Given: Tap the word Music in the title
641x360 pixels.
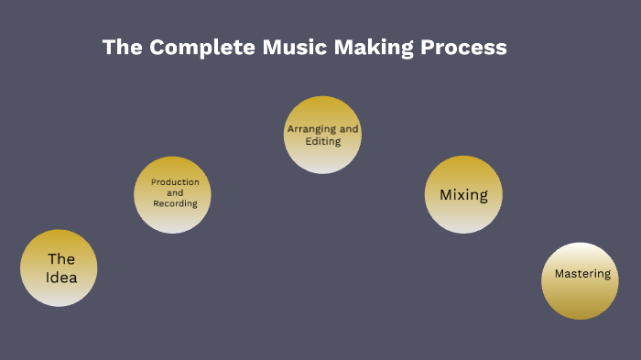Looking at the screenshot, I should (290, 47).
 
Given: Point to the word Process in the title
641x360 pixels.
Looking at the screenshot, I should (463, 47).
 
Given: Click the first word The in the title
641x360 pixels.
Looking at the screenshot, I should (123, 47).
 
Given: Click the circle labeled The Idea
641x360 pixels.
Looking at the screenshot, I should (60, 267).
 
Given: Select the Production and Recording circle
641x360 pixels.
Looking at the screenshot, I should (173, 194).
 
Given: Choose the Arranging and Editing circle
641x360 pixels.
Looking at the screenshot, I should (322, 135).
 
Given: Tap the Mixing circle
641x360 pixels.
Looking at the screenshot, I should (463, 194).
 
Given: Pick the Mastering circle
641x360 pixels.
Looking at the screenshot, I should (581, 281).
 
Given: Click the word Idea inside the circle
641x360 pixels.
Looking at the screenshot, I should (61, 278).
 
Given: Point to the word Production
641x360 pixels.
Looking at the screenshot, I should (175, 182).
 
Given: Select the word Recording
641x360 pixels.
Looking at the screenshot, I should (175, 203).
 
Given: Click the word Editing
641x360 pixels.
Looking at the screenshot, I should (323, 141).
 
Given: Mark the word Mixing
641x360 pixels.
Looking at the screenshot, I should (463, 194).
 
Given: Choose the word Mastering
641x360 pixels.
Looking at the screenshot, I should (581, 273).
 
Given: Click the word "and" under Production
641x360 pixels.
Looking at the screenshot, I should (175, 193).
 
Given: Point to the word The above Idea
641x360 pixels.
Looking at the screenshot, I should (61, 259).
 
